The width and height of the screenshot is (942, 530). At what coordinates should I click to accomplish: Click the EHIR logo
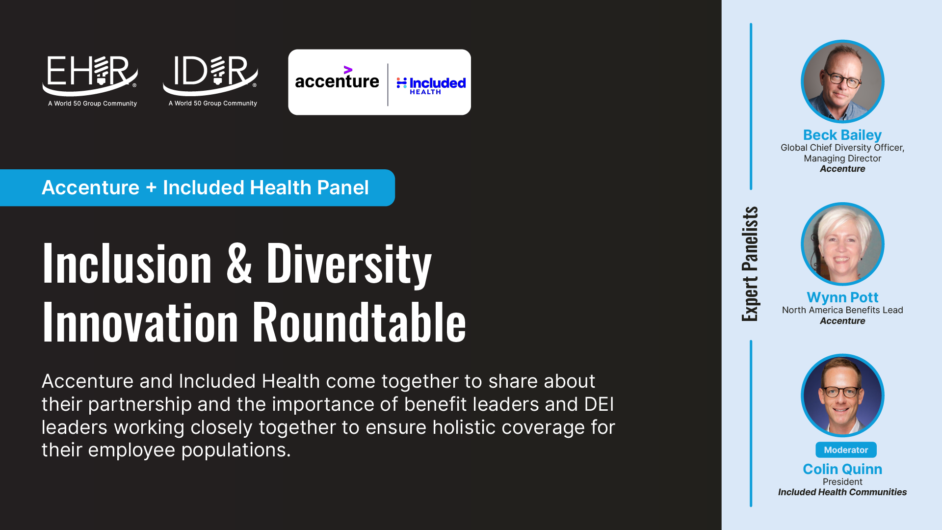pos(91,81)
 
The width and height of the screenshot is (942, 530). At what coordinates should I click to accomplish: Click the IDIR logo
pos(211,81)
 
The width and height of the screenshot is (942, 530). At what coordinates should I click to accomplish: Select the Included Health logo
pos(431,85)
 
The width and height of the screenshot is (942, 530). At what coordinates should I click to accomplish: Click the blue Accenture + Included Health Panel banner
pos(197,187)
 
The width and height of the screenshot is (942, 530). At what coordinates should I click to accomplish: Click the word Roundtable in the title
pos(359,322)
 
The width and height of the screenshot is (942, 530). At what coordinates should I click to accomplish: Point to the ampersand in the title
pos(239,264)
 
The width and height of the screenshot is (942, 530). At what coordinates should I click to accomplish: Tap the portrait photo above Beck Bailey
pos(842,81)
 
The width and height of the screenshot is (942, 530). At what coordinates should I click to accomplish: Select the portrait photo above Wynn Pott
pos(842,244)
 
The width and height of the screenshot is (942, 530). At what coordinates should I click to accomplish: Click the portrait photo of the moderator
pos(842,396)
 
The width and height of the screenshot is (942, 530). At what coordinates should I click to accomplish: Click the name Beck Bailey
pos(842,135)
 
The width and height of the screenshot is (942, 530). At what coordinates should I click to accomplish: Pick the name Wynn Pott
pos(842,297)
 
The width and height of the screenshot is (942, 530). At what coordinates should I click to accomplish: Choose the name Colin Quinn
pos(842,469)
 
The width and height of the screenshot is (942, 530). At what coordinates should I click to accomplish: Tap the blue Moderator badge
pos(846,450)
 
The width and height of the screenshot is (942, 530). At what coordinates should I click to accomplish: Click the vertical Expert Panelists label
pos(750,264)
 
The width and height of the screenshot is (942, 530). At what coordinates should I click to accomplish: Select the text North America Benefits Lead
pos(842,310)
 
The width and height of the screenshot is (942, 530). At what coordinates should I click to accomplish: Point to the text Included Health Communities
pos(842,492)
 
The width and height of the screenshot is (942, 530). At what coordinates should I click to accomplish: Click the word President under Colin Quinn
pos(842,482)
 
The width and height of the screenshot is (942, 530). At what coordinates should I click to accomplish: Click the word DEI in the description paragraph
pos(599,404)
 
